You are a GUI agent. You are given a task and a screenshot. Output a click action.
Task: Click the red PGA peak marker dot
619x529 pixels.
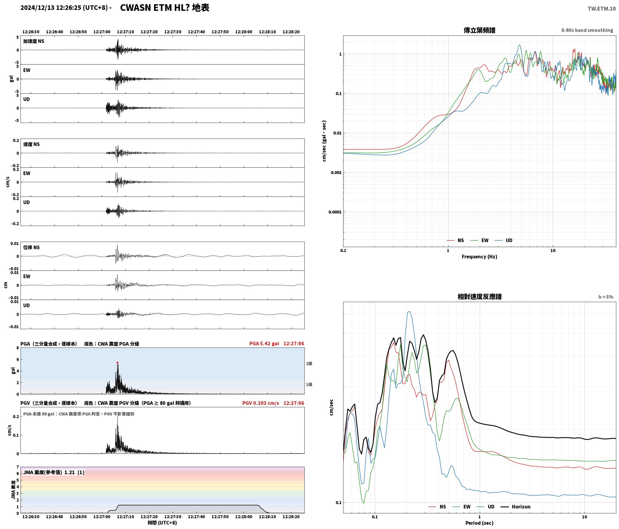117,362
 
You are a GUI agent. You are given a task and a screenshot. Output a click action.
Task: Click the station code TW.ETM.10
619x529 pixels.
602,9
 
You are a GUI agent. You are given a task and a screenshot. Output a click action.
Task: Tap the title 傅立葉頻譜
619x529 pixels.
479,30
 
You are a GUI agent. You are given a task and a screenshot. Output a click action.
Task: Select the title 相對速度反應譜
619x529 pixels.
479,297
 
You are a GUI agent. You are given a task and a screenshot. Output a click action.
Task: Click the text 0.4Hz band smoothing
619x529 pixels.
587,30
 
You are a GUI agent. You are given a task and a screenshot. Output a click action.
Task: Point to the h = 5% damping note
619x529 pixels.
606,297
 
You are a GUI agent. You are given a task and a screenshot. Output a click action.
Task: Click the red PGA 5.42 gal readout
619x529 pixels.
264,344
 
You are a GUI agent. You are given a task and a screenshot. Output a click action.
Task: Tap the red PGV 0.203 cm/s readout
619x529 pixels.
261,403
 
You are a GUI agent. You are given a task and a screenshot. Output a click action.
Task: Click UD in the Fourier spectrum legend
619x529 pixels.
509,240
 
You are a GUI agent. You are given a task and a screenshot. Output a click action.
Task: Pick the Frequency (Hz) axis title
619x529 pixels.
479,257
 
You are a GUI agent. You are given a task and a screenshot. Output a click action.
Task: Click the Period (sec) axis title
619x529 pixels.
479,523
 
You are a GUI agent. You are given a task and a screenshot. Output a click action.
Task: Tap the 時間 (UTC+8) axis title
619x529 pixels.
162,523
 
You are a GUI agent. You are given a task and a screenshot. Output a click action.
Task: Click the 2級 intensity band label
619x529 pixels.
309,364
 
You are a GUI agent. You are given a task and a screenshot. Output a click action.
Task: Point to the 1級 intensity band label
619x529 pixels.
309,384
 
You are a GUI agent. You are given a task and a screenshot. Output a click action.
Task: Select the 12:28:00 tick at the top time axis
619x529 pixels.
244,32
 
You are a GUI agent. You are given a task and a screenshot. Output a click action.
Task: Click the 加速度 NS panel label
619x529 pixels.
34,41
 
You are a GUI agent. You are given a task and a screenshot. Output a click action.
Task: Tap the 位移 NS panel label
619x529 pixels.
31,247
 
